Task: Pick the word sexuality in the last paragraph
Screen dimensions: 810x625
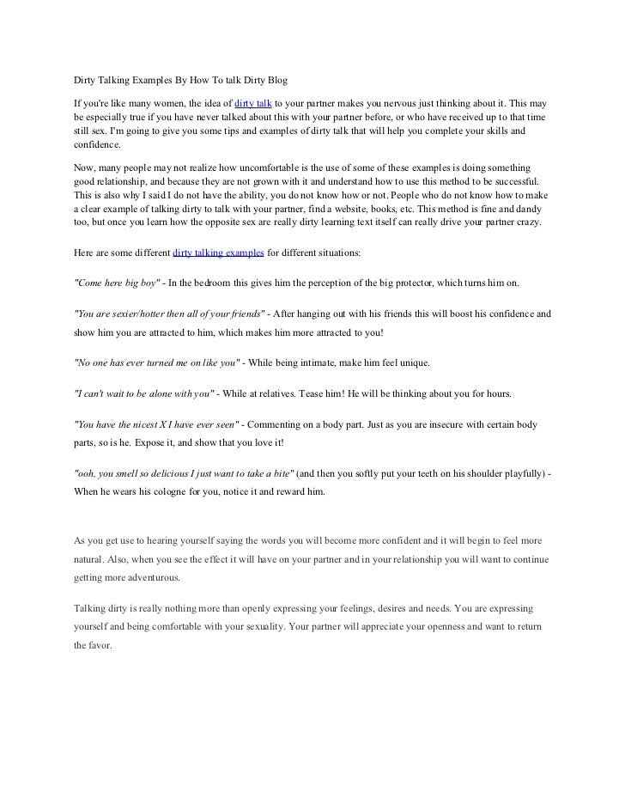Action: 263,626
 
